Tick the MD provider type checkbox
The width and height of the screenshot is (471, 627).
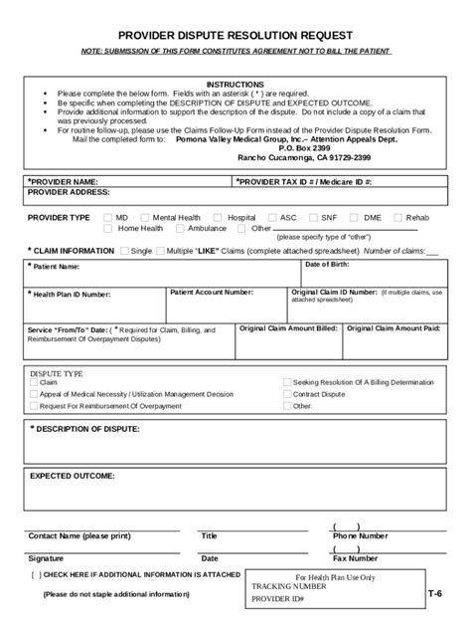pos(106,217)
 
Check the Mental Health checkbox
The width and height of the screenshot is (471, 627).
pos(145,217)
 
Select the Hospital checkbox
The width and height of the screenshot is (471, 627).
pos(220,217)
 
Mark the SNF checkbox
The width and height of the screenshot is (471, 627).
pos(313,217)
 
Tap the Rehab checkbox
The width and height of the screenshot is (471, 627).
pos(397,217)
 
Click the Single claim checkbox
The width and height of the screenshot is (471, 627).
pos(124,251)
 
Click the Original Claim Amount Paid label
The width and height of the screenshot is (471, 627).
pos(394,327)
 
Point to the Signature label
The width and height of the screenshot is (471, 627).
pos(46,558)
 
